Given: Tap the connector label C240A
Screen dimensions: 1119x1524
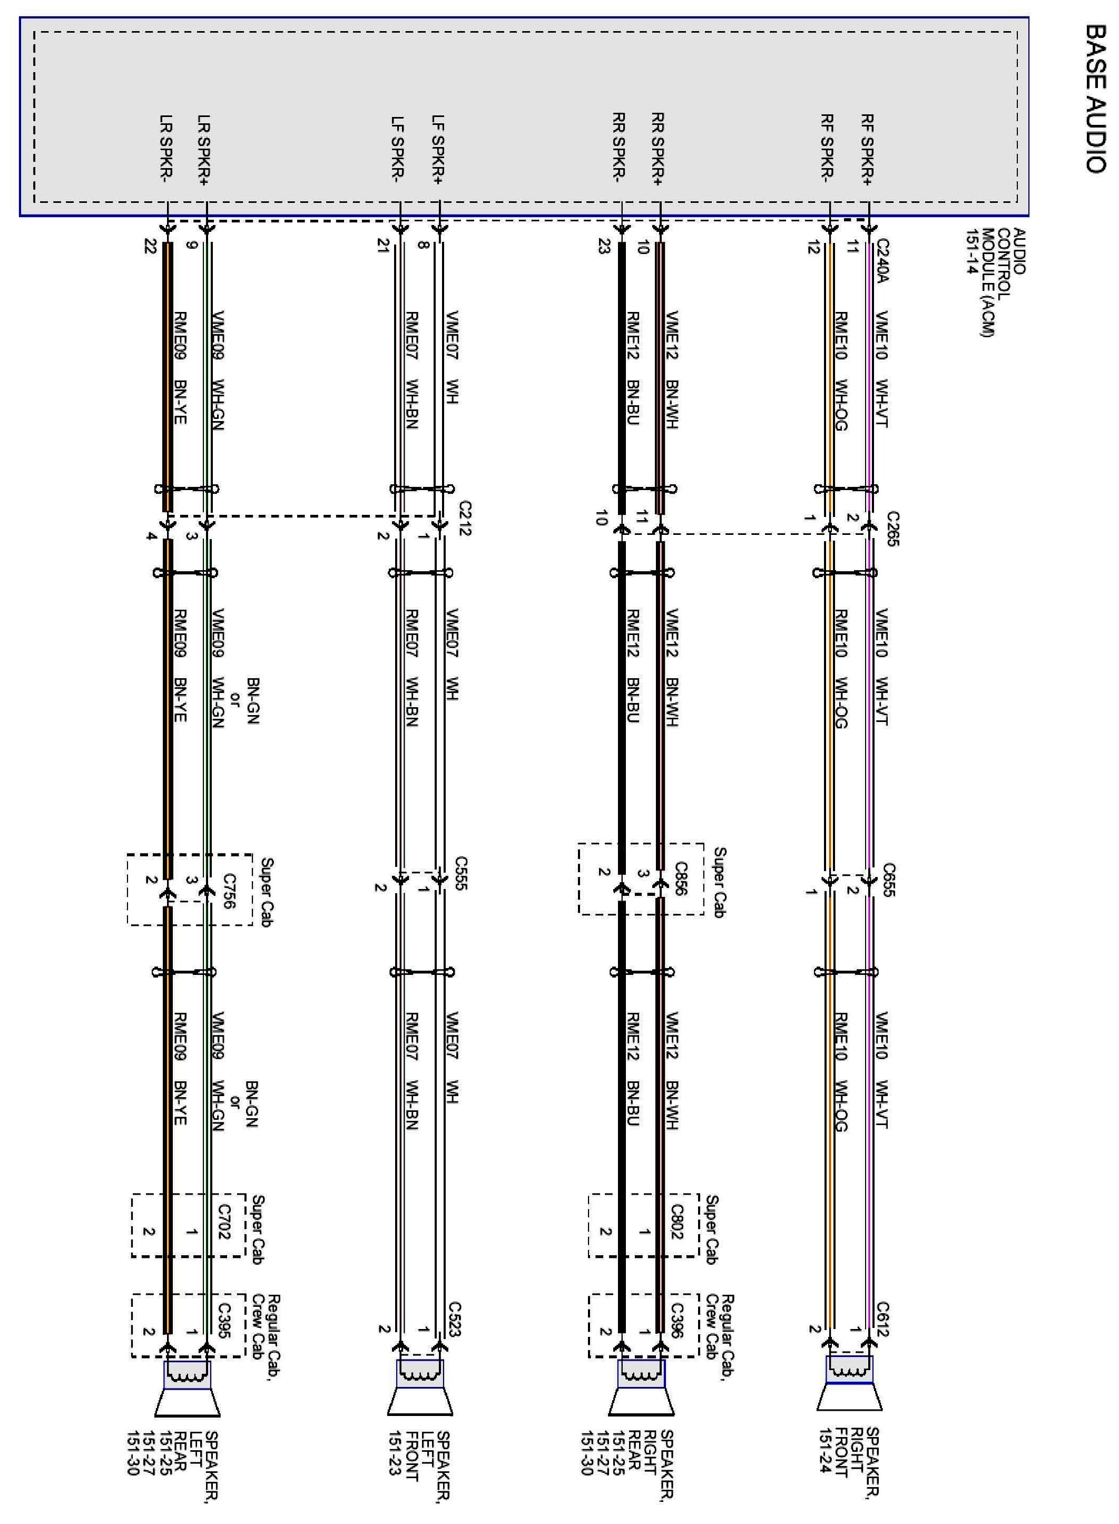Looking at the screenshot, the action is click(x=881, y=260).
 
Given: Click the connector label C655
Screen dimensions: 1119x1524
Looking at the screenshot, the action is click(x=889, y=880).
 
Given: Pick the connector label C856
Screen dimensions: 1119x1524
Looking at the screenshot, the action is click(x=681, y=879).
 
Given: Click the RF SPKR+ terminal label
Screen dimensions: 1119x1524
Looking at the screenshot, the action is click(x=868, y=150).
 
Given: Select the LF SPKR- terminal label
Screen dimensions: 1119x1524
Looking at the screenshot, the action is click(x=398, y=150).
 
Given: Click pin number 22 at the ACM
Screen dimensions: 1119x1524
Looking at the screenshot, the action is click(x=150, y=247).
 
